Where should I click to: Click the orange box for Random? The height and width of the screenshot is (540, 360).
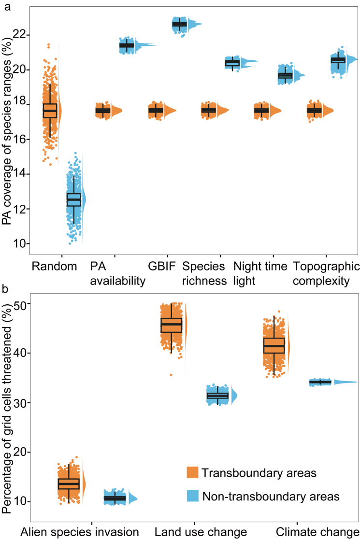(50, 111)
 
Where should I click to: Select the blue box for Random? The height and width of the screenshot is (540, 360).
(74, 199)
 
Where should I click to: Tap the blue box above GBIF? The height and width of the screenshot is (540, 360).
(179, 24)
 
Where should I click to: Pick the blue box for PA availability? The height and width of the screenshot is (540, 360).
(127, 45)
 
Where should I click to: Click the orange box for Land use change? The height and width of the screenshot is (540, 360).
(172, 325)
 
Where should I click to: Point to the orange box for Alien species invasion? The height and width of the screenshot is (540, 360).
(69, 483)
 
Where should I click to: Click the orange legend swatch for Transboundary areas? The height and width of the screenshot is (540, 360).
(193, 472)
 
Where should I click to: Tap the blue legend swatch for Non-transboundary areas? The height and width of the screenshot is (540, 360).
(193, 496)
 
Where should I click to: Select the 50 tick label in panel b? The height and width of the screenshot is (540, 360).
(20, 304)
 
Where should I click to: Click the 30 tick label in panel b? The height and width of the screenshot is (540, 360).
(20, 403)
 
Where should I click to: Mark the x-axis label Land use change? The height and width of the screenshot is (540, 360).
(201, 532)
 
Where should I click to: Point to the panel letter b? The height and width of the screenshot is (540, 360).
(4, 289)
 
